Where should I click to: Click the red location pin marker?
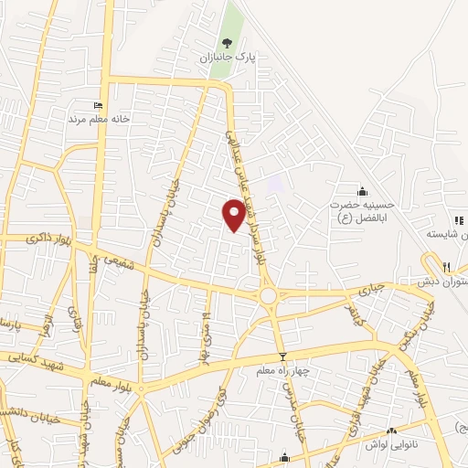[234, 214]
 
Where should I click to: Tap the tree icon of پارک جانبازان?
[227, 42]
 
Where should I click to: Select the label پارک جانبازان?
[227, 57]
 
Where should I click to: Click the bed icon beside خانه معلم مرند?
[99, 105]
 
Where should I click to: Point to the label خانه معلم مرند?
[99, 119]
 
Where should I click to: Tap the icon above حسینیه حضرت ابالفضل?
[363, 191]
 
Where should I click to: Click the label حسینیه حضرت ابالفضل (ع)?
[359, 211]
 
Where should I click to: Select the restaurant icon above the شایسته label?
[459, 219]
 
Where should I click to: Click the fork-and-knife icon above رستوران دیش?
[446, 266]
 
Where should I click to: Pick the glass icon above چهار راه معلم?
[282, 356]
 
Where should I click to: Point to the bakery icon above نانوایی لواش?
[392, 431]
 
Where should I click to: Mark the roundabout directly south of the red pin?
[268, 295]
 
